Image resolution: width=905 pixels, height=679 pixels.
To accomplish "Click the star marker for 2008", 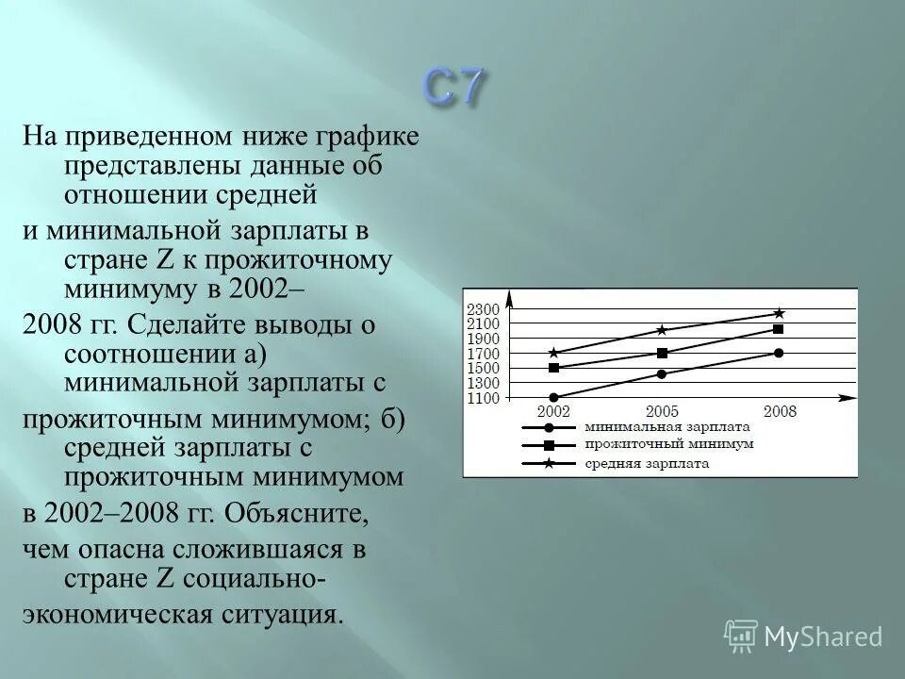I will click(779, 313).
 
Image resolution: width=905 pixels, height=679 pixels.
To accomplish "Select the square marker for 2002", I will click(553, 368).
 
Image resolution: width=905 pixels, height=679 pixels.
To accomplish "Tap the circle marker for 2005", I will click(662, 374).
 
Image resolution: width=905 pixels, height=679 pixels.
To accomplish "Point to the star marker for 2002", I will click(553, 353).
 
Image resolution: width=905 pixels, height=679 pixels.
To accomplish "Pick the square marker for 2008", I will click(779, 329).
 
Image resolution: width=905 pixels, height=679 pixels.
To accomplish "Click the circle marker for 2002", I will click(553, 398).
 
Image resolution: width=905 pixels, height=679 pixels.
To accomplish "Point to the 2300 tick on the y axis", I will click(483, 309).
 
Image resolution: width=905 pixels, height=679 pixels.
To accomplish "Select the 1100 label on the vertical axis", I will click(483, 399).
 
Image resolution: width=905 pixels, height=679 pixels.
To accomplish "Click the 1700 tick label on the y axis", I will click(483, 354).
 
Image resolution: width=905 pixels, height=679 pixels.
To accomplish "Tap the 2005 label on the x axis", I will click(662, 412).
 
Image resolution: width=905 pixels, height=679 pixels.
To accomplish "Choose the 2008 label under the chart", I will click(780, 412).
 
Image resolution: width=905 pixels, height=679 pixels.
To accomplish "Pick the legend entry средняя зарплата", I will click(647, 463).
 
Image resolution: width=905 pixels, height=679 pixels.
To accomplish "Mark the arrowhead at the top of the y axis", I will click(509, 299).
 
